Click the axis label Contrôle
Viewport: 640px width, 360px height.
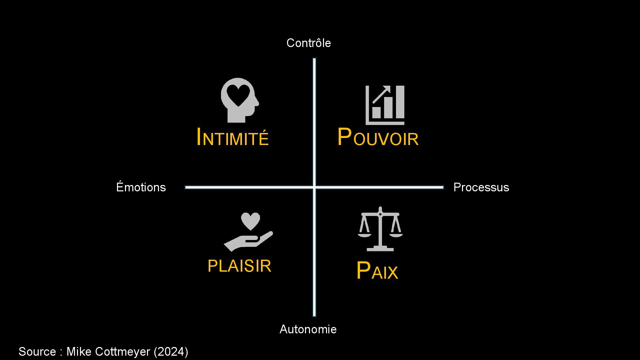(308, 43)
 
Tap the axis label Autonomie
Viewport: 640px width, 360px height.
(308, 329)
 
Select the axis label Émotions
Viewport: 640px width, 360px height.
(141, 187)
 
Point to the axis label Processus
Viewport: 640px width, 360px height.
(481, 187)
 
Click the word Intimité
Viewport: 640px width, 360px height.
(233, 137)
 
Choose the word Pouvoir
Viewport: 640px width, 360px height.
(378, 137)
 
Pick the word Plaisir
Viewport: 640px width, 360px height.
(239, 266)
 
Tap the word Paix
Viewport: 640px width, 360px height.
(377, 271)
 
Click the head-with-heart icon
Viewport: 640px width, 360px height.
(239, 100)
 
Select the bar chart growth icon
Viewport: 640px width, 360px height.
(385, 105)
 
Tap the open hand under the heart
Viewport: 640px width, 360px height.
(248, 241)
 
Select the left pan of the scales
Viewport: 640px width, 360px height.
(365, 234)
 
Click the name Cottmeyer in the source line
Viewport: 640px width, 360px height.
(123, 352)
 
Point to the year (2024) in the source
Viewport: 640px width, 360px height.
(171, 352)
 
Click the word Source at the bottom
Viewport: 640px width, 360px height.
(37, 352)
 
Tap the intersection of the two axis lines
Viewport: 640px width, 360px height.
(314, 187)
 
